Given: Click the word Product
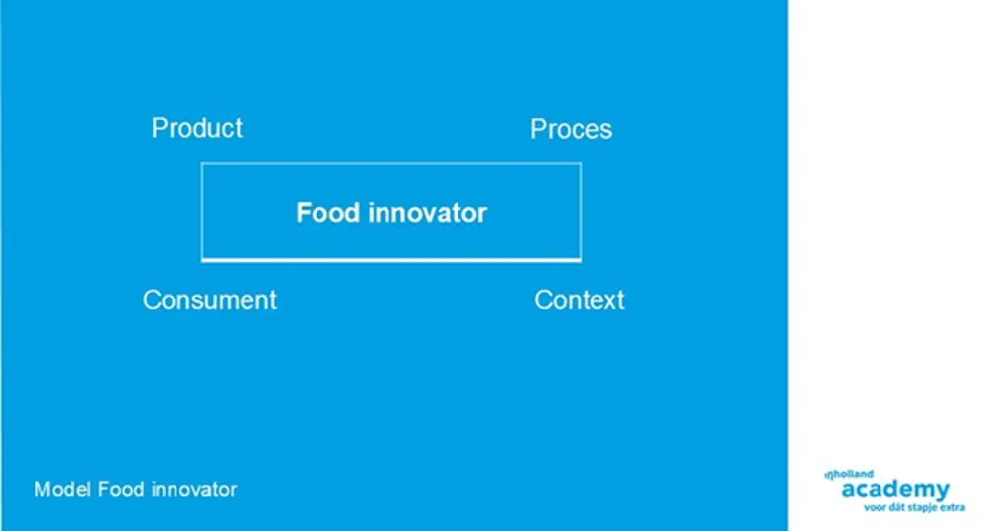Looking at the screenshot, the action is [197, 128].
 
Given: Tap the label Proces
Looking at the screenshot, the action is [571, 129].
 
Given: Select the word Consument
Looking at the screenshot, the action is [209, 300].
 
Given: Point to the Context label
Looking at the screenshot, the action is [579, 300].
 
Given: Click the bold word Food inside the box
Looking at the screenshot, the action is [327, 213].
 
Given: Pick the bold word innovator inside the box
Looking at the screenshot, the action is [428, 213].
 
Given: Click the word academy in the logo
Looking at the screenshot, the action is [895, 490].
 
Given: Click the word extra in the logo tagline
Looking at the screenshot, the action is [952, 507].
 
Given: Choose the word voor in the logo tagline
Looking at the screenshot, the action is [875, 507].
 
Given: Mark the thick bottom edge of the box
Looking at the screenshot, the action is [391, 260].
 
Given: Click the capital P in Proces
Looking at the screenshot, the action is [538, 129].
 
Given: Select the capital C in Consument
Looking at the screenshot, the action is [152, 300].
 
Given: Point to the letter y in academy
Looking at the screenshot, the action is [942, 492].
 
